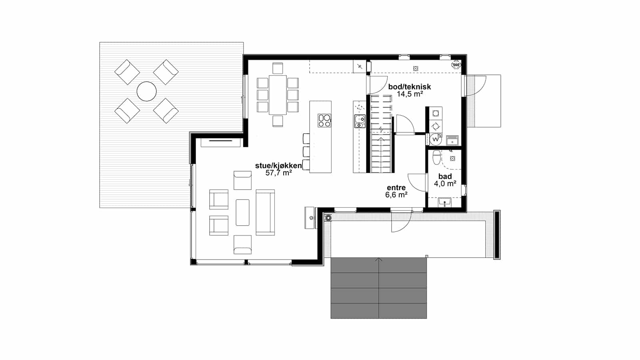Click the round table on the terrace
pos(146,92)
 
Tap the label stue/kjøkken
pos(278,166)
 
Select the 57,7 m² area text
pos(278,173)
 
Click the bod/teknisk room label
pos(410,86)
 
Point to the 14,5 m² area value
pos(410,94)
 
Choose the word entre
pos(396,188)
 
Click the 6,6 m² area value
pos(396,195)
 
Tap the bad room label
pos(445,176)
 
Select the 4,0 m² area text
pos(445,184)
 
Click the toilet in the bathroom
pos(436,158)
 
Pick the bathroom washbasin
pos(444,202)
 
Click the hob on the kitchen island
pos(324,120)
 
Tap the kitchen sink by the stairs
pos(360,121)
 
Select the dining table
pos(278,95)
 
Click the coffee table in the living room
pos(242,212)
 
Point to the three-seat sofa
pos(265,212)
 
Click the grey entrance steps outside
pos(378,288)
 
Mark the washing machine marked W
pos(436,140)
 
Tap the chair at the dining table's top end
pos(278,68)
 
